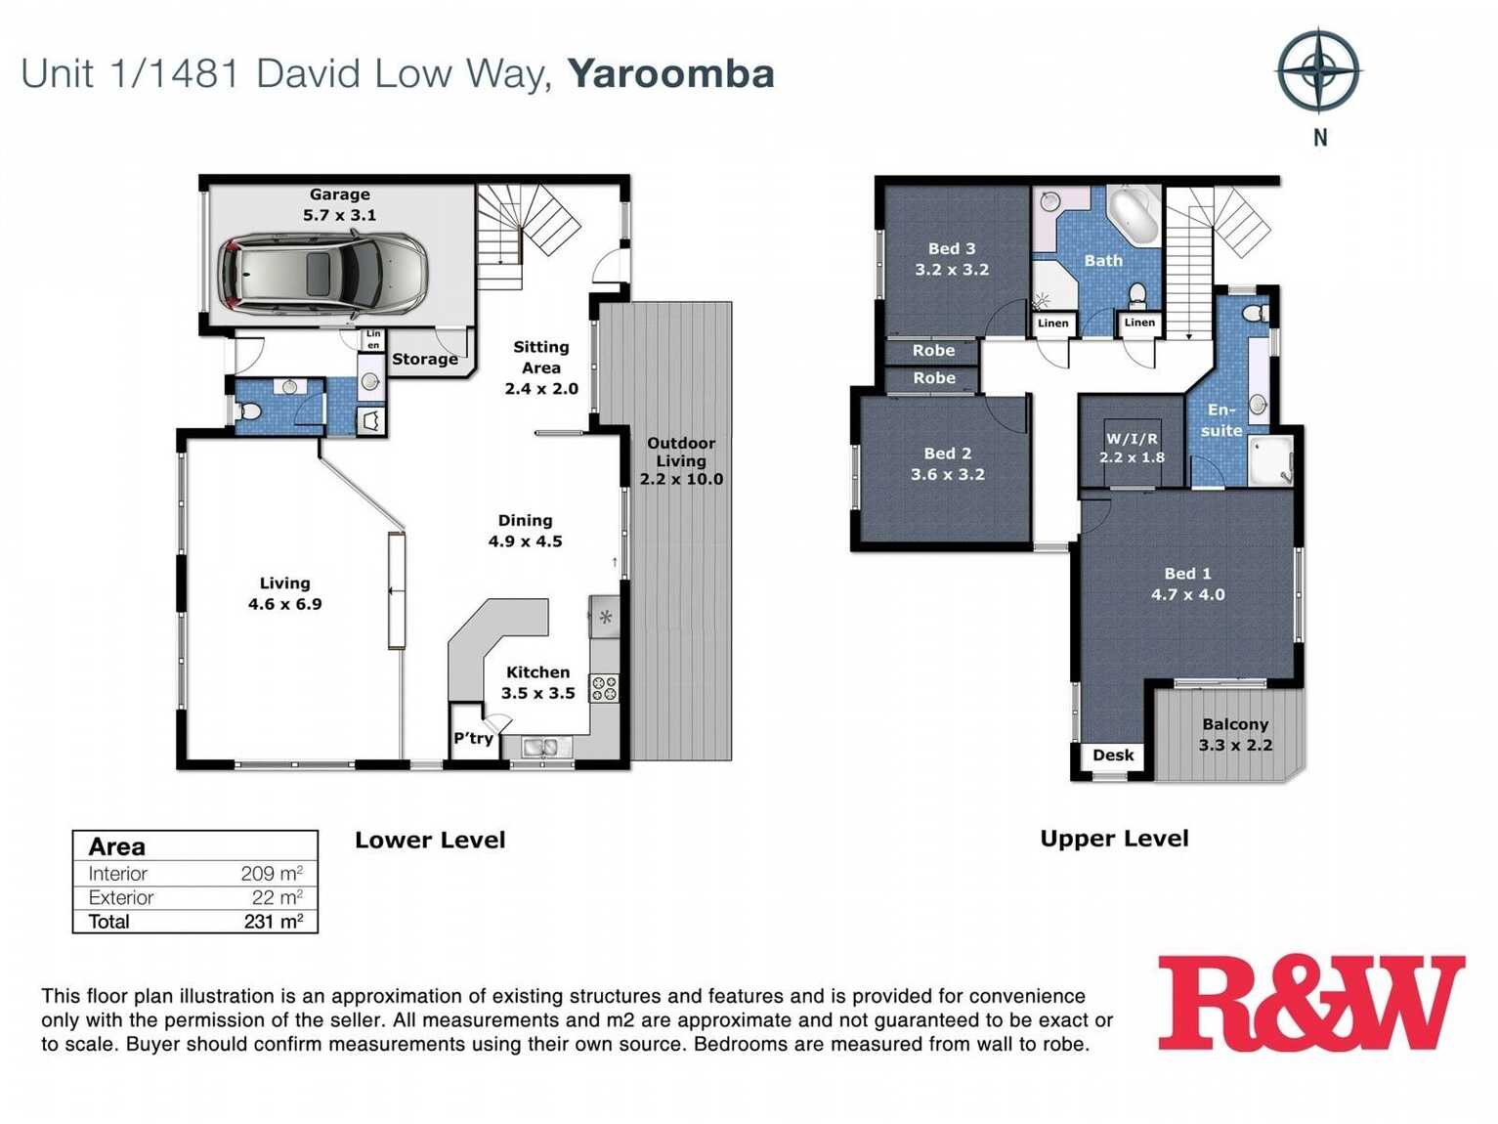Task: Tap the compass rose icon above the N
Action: pos(1318,70)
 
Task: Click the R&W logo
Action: pos(1310,1003)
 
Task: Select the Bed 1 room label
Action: pos(1187,584)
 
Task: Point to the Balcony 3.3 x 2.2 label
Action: pos(1235,734)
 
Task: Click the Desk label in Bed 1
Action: pos(1113,755)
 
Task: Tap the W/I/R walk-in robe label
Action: pos(1132,448)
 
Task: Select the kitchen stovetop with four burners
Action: pos(604,688)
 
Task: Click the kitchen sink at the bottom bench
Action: pos(539,748)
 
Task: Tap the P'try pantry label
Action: pos(473,738)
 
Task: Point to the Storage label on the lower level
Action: pos(425,359)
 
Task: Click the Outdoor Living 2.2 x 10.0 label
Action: pos(681,460)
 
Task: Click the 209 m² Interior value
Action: pos(271,874)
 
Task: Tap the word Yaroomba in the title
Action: pos(670,73)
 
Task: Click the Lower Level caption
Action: pos(430,840)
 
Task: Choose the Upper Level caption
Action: pos(1114,839)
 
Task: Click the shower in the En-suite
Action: pos(1269,460)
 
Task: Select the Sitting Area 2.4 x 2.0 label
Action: pos(540,367)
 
